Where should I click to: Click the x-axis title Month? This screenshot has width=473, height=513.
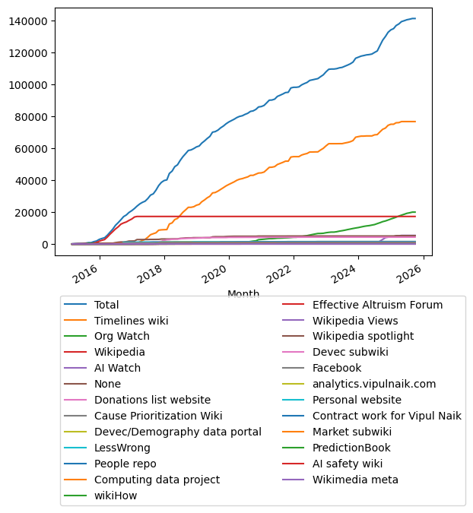click(x=243, y=294)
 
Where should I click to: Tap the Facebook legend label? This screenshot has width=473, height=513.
click(x=338, y=369)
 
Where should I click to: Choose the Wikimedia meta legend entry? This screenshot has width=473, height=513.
click(x=355, y=480)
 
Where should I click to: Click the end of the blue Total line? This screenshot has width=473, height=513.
click(x=415, y=18)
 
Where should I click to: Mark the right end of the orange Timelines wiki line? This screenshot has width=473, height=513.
click(x=415, y=122)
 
